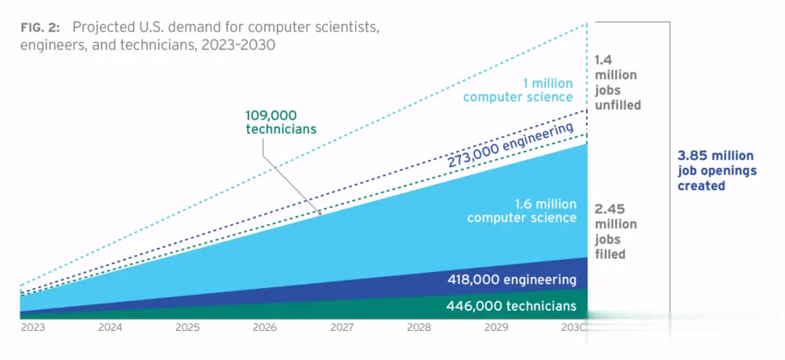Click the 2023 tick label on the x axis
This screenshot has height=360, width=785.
[x=33, y=328]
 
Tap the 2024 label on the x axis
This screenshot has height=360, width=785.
[x=110, y=328]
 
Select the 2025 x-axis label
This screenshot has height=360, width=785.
[x=188, y=328]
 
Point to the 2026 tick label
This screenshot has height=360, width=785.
[x=265, y=328]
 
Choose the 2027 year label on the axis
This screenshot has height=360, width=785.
[x=342, y=328]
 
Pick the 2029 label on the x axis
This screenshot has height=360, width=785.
[x=496, y=328]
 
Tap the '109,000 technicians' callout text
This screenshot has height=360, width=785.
[x=281, y=122]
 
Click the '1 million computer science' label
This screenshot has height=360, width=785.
[x=519, y=90]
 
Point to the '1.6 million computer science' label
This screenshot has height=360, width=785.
[x=522, y=211]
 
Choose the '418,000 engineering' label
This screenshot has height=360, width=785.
[x=512, y=280]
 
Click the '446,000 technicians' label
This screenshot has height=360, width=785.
[x=511, y=306]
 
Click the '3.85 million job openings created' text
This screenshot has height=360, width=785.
[x=715, y=171]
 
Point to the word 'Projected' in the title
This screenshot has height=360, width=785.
[x=103, y=28]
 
